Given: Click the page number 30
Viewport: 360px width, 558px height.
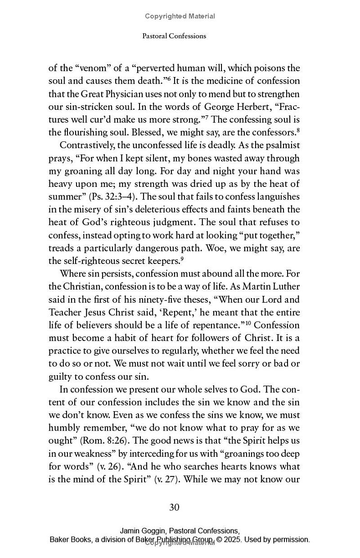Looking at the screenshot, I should point(174,508).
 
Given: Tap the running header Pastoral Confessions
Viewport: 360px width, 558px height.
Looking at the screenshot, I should point(174,36).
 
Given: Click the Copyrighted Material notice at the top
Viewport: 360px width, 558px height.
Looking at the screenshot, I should point(180,16).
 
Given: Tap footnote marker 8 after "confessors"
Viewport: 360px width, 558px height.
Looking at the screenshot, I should point(298,131).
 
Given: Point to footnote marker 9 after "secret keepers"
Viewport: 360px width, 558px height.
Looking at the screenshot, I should point(182,259).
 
